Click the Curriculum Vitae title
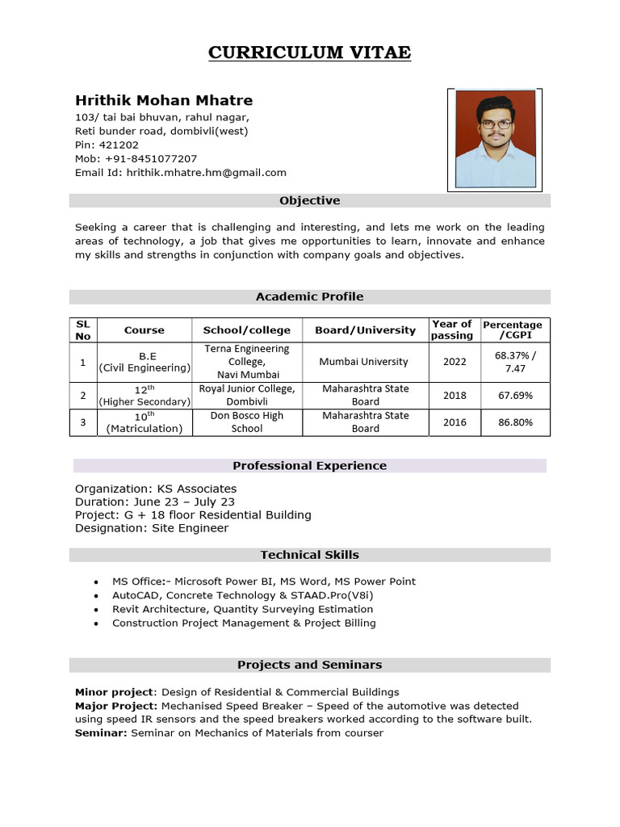tap(310, 53)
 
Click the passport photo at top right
tap(495, 140)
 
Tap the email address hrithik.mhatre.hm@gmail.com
tap(207, 173)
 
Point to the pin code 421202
tap(118, 145)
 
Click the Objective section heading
tap(310, 200)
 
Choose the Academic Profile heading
tap(310, 296)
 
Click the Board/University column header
tap(365, 330)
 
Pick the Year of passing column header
tap(452, 330)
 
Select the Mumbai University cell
tap(364, 362)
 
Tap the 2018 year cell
tap(455, 396)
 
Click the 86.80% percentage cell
tap(515, 422)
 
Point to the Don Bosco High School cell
tap(247, 422)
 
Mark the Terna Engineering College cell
tap(247, 362)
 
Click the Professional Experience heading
tap(310, 466)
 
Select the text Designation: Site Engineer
tap(152, 528)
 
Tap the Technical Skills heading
tap(310, 555)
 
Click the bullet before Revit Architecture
tap(96, 610)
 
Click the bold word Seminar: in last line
tap(101, 733)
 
